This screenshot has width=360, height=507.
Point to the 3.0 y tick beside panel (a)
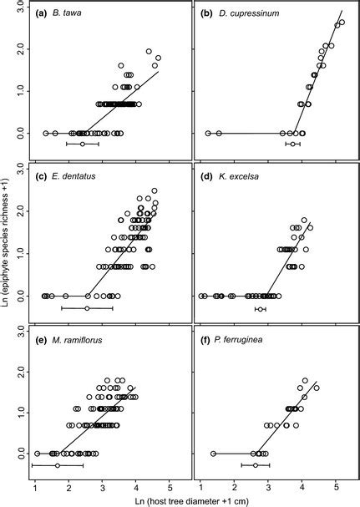pos(19,8)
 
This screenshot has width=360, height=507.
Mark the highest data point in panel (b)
pos(342,23)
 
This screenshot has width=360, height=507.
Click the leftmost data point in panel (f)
pos(213,454)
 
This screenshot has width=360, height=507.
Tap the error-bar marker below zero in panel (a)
pos(82,144)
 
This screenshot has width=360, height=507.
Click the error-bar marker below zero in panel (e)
pos(57,465)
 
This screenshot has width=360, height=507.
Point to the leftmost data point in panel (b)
pos(208,133)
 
